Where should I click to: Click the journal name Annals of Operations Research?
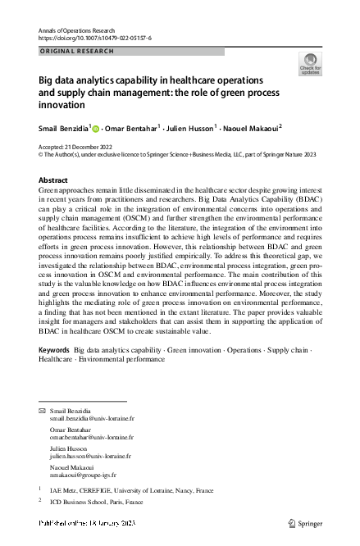[x=76, y=30]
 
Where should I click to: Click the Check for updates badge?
[x=311, y=64]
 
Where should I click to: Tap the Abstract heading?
[x=54, y=179]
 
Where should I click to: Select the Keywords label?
[x=54, y=351]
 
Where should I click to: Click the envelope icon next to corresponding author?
[x=43, y=409]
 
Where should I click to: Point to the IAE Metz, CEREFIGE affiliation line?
[x=131, y=490]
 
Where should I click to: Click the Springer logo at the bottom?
[x=307, y=522]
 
